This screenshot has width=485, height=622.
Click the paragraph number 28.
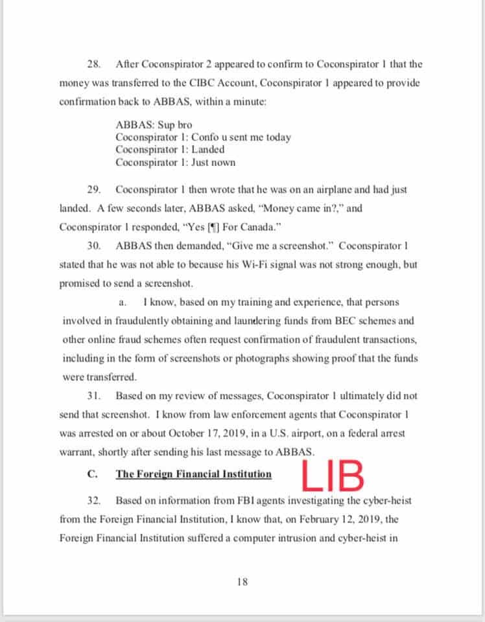[93, 65]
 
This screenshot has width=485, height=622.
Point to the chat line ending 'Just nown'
[175, 162]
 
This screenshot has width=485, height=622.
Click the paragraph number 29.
[93, 190]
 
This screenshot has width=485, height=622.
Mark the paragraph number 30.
[93, 246]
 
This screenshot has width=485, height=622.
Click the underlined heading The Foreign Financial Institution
[193, 474]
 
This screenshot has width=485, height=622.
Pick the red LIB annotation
[332, 476]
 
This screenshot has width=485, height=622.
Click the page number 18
[242, 582]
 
